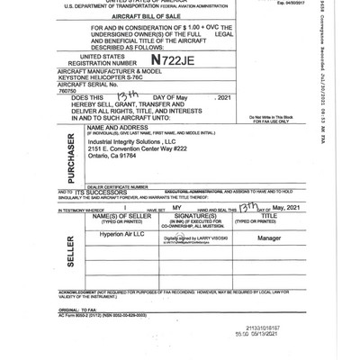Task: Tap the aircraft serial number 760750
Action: pyautogui.click(x=67, y=91)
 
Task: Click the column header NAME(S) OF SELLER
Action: pyautogui.click(x=118, y=217)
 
